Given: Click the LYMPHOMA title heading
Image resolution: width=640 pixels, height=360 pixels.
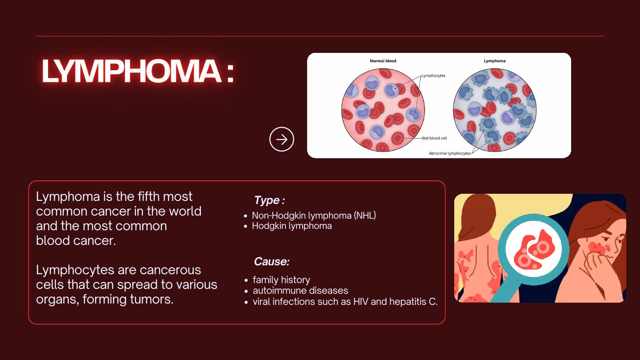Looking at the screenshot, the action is [138, 71].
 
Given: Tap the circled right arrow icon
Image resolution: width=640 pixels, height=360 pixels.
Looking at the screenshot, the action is [281, 139].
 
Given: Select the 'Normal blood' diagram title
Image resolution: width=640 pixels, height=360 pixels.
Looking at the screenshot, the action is [383, 61].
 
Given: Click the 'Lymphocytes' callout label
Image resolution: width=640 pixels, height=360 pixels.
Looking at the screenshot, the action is [433, 76].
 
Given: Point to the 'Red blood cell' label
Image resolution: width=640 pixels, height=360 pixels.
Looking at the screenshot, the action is [434, 138].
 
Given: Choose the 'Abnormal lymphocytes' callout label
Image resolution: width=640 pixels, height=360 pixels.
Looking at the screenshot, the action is [450, 153].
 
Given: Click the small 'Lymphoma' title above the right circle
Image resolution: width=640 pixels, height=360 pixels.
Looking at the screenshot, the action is [495, 61].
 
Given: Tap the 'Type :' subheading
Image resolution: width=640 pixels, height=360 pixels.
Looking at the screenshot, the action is [269, 200].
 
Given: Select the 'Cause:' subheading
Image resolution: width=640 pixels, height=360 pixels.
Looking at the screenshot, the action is [272, 261].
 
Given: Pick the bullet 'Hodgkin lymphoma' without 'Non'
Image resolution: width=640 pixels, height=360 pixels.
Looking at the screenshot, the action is [292, 226].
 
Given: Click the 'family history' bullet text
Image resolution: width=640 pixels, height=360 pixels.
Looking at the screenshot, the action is [281, 280].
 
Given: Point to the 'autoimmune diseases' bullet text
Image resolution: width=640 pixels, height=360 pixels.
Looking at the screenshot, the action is [300, 291].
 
